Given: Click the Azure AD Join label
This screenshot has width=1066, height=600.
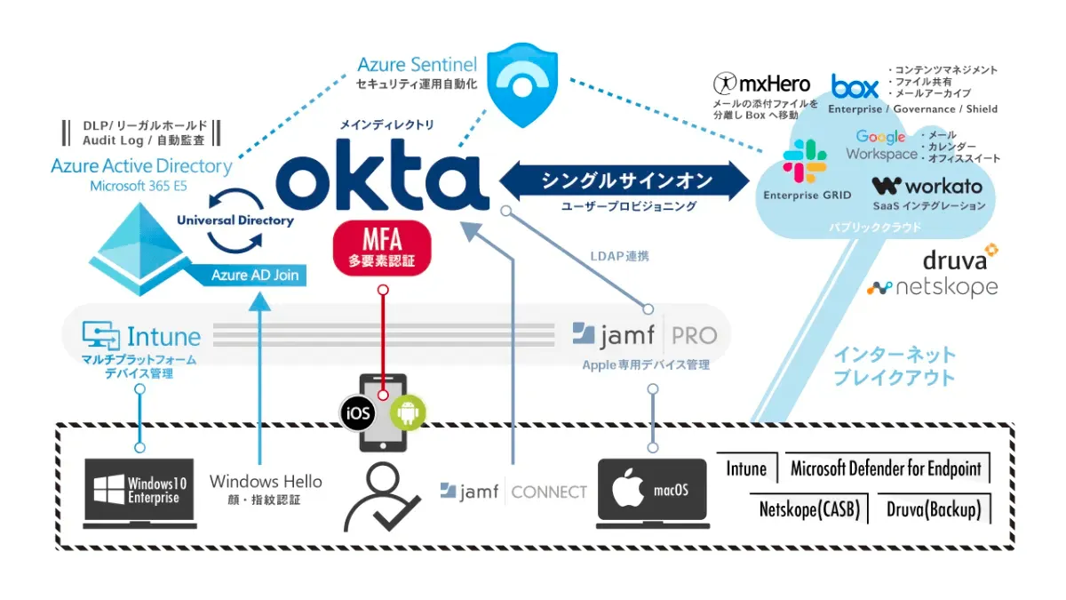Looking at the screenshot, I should click(x=254, y=275).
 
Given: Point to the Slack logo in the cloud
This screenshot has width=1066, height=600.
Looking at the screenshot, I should click(x=804, y=162).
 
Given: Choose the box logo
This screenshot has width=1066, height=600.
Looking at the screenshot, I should click(x=855, y=86).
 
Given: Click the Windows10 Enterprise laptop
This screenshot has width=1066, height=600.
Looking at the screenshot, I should click(x=141, y=493).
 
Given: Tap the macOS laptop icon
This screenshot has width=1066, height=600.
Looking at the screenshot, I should click(x=653, y=492).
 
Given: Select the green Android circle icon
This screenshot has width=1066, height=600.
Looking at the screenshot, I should click(x=409, y=412).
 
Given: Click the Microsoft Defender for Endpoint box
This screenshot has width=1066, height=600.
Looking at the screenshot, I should click(x=886, y=468).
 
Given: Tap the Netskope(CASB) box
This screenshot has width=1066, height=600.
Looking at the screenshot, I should click(x=808, y=509).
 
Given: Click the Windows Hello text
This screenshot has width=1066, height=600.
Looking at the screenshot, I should click(x=266, y=481).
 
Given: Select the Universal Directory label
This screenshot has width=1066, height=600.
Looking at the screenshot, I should click(x=235, y=220).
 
